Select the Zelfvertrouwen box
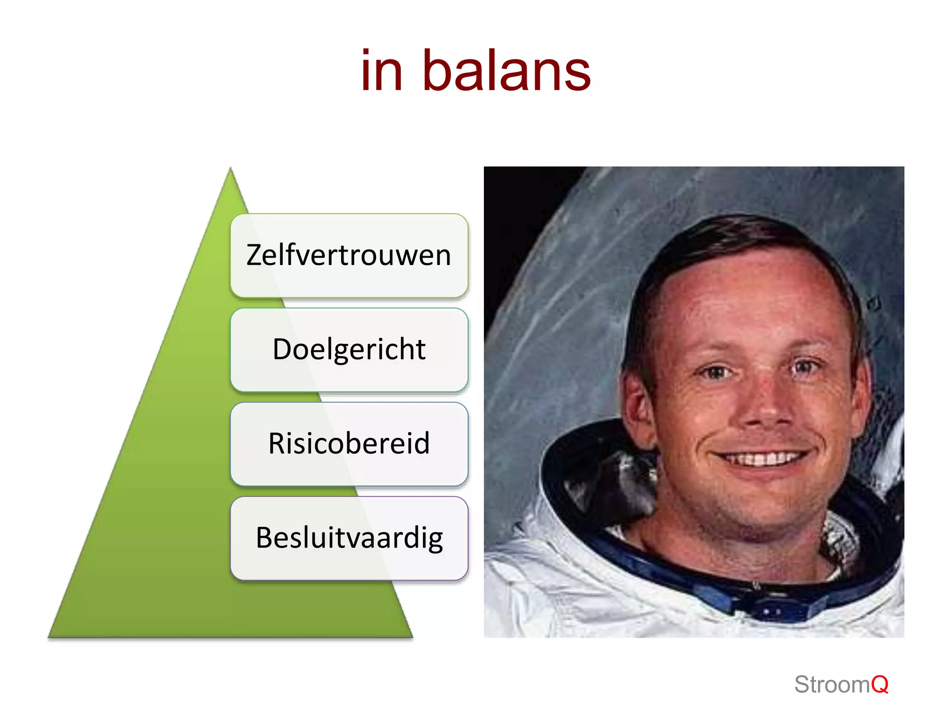pos(349,255)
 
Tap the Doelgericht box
pos(349,350)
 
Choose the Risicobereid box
pos(349,443)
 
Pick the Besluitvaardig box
pos(349,538)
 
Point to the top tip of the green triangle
pos(231,170)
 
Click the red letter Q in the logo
pos(879,685)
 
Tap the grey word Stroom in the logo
pos(832,685)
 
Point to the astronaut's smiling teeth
pos(762,459)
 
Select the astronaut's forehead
pos(744,297)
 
